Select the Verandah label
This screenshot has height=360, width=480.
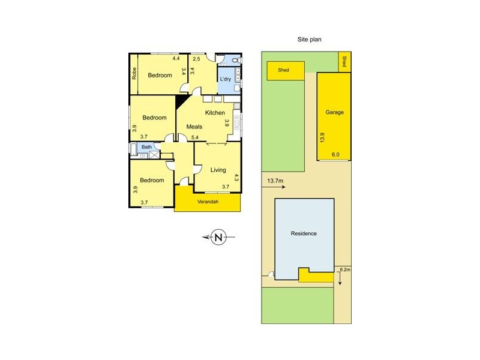(x=208, y=202)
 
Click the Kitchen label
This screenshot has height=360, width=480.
(x=215, y=113)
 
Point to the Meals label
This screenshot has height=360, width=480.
(x=194, y=127)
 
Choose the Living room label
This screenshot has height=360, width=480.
(x=218, y=170)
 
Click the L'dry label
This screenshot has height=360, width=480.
(x=226, y=79)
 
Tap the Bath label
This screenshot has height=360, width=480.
(x=146, y=147)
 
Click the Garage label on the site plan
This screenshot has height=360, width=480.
(x=334, y=112)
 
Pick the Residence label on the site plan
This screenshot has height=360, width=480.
(x=303, y=233)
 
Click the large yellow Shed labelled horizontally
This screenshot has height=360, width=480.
(x=283, y=70)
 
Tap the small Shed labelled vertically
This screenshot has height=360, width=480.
(x=344, y=61)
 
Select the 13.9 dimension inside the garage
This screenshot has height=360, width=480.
(x=322, y=138)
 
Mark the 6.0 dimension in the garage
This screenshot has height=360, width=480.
(x=335, y=154)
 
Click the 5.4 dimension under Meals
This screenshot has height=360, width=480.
(x=194, y=138)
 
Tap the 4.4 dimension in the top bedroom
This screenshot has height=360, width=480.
(x=175, y=59)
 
